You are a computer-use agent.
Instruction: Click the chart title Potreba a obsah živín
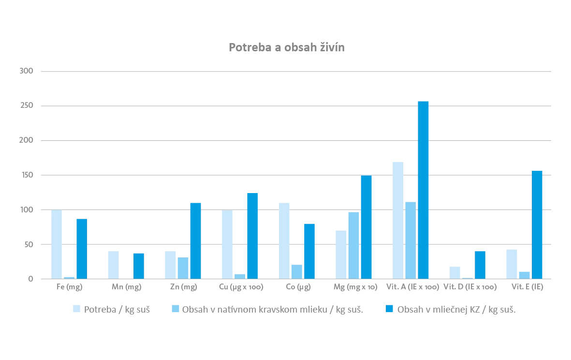coord(287,47)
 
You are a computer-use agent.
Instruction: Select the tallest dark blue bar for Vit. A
coord(423,190)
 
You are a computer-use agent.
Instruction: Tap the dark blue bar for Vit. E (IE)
coord(537,225)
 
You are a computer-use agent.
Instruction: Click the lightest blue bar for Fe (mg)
coord(57,244)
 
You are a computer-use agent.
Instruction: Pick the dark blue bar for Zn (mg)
coord(195,241)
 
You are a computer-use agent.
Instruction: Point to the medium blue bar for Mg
coord(353,246)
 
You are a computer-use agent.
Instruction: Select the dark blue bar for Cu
coord(252,236)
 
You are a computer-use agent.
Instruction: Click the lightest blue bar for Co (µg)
coord(284,241)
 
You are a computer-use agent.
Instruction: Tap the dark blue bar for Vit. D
coord(480,265)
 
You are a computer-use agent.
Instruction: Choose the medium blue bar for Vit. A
coord(410,240)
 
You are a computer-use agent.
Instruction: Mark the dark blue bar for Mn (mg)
coord(139,266)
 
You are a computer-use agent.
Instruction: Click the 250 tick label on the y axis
coord(26,105)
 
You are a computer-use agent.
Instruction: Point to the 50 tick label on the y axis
coord(29,244)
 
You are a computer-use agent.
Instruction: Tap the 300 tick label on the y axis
coord(26,71)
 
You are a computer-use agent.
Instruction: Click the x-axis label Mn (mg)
coord(126,287)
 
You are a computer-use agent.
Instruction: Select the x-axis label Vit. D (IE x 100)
coord(470,287)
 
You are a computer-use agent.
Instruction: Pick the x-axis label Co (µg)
coord(298,287)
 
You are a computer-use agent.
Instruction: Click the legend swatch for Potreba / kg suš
coord(76,309)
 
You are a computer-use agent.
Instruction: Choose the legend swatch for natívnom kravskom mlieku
coord(176,309)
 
